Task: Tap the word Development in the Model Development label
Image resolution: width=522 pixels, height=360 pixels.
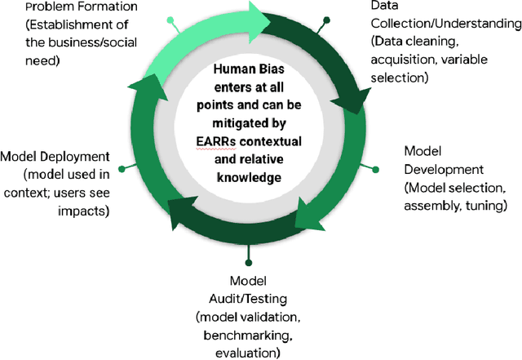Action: click(441, 169)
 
